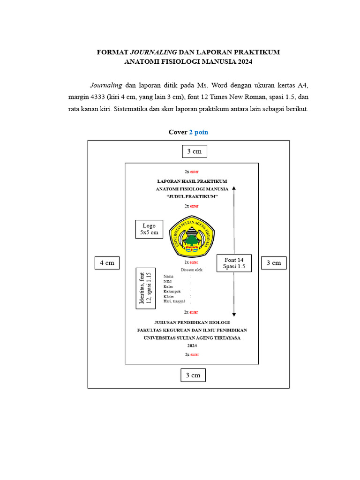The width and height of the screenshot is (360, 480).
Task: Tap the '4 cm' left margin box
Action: [x=107, y=263]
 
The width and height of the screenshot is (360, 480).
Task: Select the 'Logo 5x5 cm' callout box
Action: [x=149, y=229]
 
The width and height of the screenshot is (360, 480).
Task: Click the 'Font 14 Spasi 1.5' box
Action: [x=234, y=263]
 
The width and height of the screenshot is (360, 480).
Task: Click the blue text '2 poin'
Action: [x=199, y=132]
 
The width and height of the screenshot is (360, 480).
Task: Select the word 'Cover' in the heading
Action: [x=178, y=132]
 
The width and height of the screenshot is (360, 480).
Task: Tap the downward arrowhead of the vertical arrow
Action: [x=234, y=314]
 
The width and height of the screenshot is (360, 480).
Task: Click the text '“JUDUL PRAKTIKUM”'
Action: [x=192, y=197]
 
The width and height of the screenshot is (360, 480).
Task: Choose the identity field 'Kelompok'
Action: [x=172, y=291]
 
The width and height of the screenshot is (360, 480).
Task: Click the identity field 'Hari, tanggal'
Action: [x=175, y=301]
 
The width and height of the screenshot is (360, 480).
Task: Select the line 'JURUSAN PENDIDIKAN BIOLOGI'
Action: [x=192, y=322]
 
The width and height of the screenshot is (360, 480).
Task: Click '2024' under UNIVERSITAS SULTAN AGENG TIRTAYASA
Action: [x=192, y=345]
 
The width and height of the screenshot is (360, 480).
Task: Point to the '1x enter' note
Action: [x=191, y=262]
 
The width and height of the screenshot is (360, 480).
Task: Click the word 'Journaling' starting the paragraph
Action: [x=106, y=85]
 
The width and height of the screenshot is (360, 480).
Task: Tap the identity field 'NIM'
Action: [x=167, y=281]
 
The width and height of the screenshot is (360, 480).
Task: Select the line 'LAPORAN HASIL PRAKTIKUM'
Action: [x=192, y=180]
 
